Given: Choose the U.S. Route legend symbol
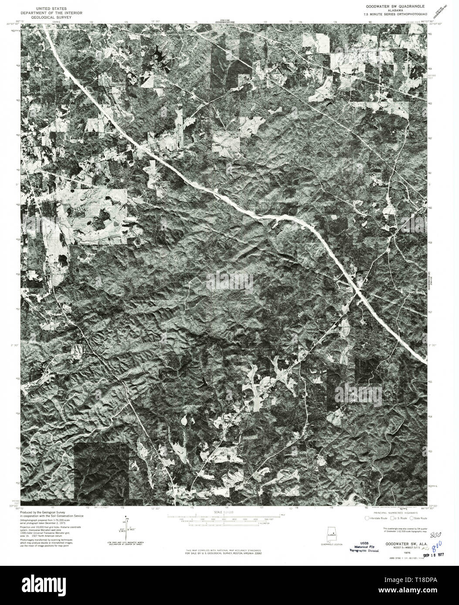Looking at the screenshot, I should (x=392, y=518).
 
